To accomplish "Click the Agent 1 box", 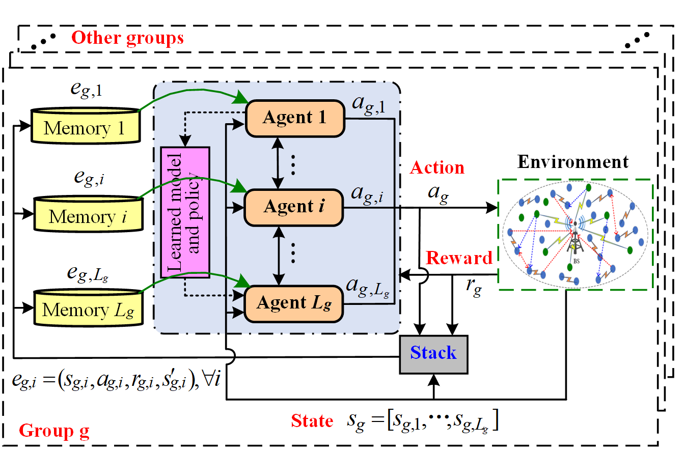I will (x=294, y=118).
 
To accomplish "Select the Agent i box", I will (x=294, y=207).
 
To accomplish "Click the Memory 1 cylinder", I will (x=85, y=125).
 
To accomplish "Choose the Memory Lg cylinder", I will (x=88, y=307).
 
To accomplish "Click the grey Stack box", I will (x=433, y=354).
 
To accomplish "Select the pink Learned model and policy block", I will (x=185, y=212).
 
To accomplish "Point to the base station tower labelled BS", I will (x=576, y=239).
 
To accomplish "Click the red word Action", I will (x=437, y=168).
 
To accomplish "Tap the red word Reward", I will (x=459, y=258).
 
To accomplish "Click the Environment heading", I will (x=573, y=162).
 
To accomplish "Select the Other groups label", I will (x=128, y=38).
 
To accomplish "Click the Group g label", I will (x=54, y=432).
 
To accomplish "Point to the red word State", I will (x=312, y=421).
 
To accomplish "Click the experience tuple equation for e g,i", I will (x=116, y=380).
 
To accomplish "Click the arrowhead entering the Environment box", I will (x=492, y=208).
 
